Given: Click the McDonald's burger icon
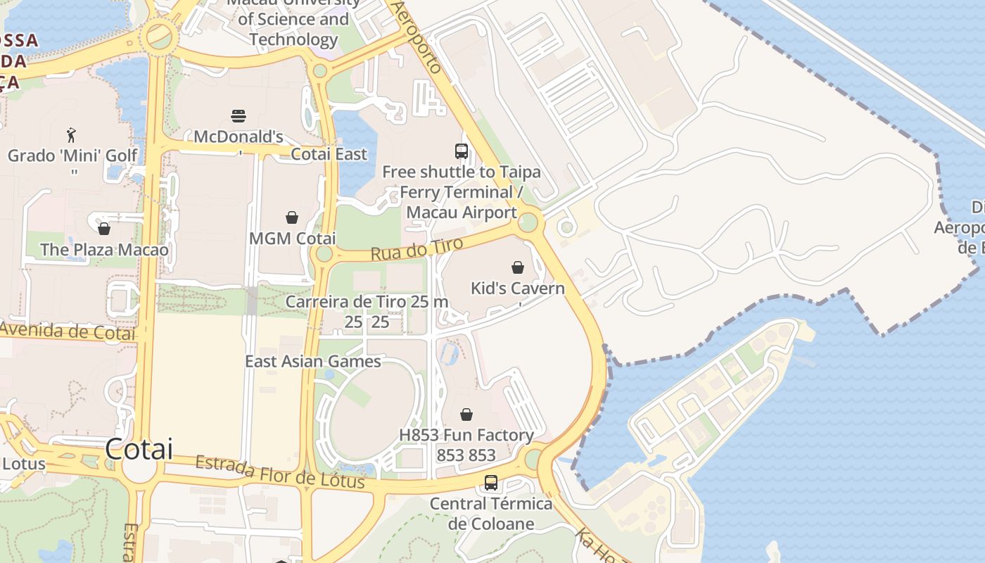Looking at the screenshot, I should tap(239, 115).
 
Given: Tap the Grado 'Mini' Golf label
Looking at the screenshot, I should tap(72, 156).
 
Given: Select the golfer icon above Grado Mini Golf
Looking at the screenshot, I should tap(70, 135).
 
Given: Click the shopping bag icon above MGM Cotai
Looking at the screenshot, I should tap(292, 217).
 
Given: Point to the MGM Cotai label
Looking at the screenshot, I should tap(292, 239).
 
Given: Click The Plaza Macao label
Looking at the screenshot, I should tap(104, 250).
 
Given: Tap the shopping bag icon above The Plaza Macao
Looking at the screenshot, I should tap(104, 229).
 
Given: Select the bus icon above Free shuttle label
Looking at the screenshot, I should tap(462, 151).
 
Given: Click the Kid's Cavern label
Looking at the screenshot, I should tap(517, 289).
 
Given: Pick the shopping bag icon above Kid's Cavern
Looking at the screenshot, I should tap(518, 267).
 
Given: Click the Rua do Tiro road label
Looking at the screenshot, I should tap(417, 249).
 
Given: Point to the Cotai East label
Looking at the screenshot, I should tap(329, 154).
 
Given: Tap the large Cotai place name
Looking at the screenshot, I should tap(139, 449).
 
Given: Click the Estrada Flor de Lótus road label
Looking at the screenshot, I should tap(280, 472).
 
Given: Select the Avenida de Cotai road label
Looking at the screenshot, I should tap(68, 331).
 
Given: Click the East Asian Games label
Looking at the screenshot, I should tap(312, 362).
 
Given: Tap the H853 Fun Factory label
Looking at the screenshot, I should tap(466, 436).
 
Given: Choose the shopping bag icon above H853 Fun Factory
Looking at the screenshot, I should tap(466, 415).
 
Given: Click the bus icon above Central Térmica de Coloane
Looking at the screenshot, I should tap(491, 483).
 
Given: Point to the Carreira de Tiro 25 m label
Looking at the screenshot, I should tap(367, 302).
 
